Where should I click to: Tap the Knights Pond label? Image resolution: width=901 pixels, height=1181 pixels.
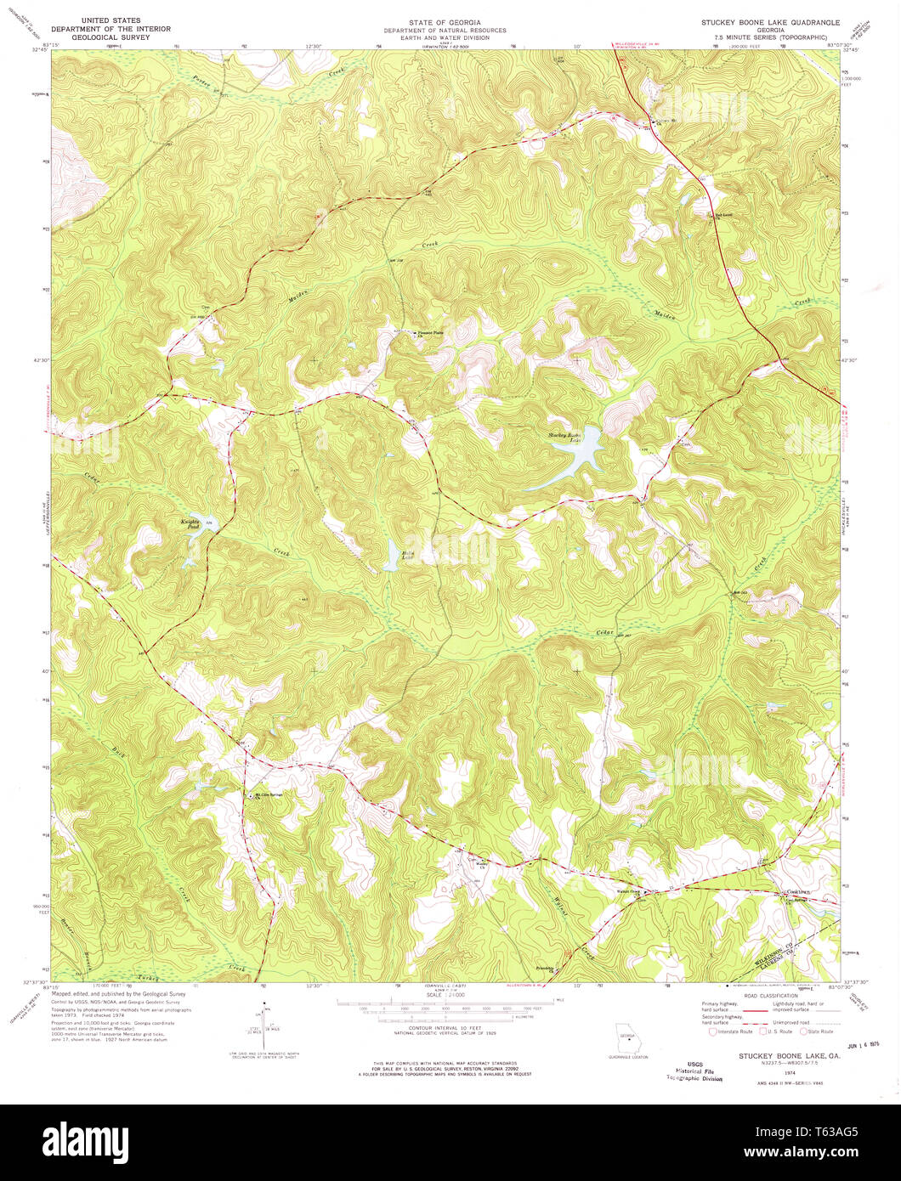click(189, 523)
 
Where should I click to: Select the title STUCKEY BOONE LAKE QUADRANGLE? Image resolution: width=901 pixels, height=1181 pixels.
click(768, 20)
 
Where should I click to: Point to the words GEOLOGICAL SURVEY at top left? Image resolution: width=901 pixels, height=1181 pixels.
click(105, 37)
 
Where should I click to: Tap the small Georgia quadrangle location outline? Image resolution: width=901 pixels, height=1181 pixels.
click(626, 1038)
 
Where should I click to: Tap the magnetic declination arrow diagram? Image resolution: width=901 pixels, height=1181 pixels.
click(264, 1027)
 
